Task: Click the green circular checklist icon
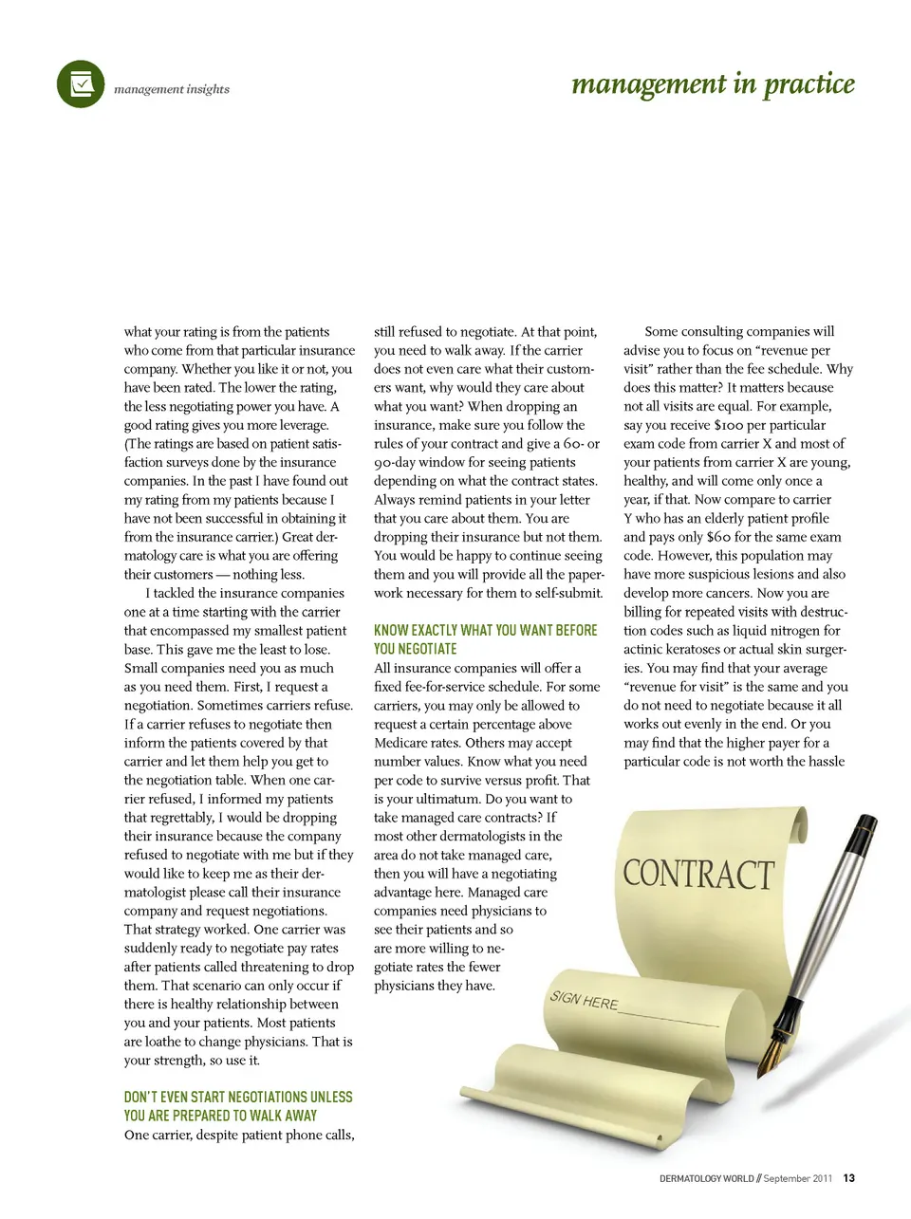[81, 84]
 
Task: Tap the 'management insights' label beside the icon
[172, 89]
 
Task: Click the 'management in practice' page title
[713, 84]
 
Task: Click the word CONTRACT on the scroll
[698, 874]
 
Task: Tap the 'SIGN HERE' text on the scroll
[584, 1000]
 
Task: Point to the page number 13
[848, 1178]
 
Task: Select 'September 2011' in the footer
[797, 1178]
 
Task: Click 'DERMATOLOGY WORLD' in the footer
[707, 1178]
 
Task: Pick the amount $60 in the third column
[718, 537]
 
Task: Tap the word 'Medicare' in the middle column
[401, 743]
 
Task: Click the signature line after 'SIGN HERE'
[669, 1018]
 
